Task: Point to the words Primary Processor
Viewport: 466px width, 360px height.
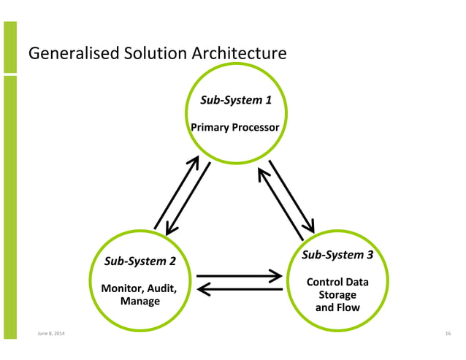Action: point(234,128)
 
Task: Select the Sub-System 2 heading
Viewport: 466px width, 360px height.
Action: point(140,261)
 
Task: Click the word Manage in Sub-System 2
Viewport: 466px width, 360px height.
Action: point(140,301)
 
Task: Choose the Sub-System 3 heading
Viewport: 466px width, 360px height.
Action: point(337,255)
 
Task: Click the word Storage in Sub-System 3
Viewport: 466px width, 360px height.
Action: point(337,294)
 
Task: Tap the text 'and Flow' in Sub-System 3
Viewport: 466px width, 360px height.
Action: point(337,307)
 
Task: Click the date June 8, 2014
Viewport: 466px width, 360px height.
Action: point(50,334)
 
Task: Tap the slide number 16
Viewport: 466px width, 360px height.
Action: point(447,334)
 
